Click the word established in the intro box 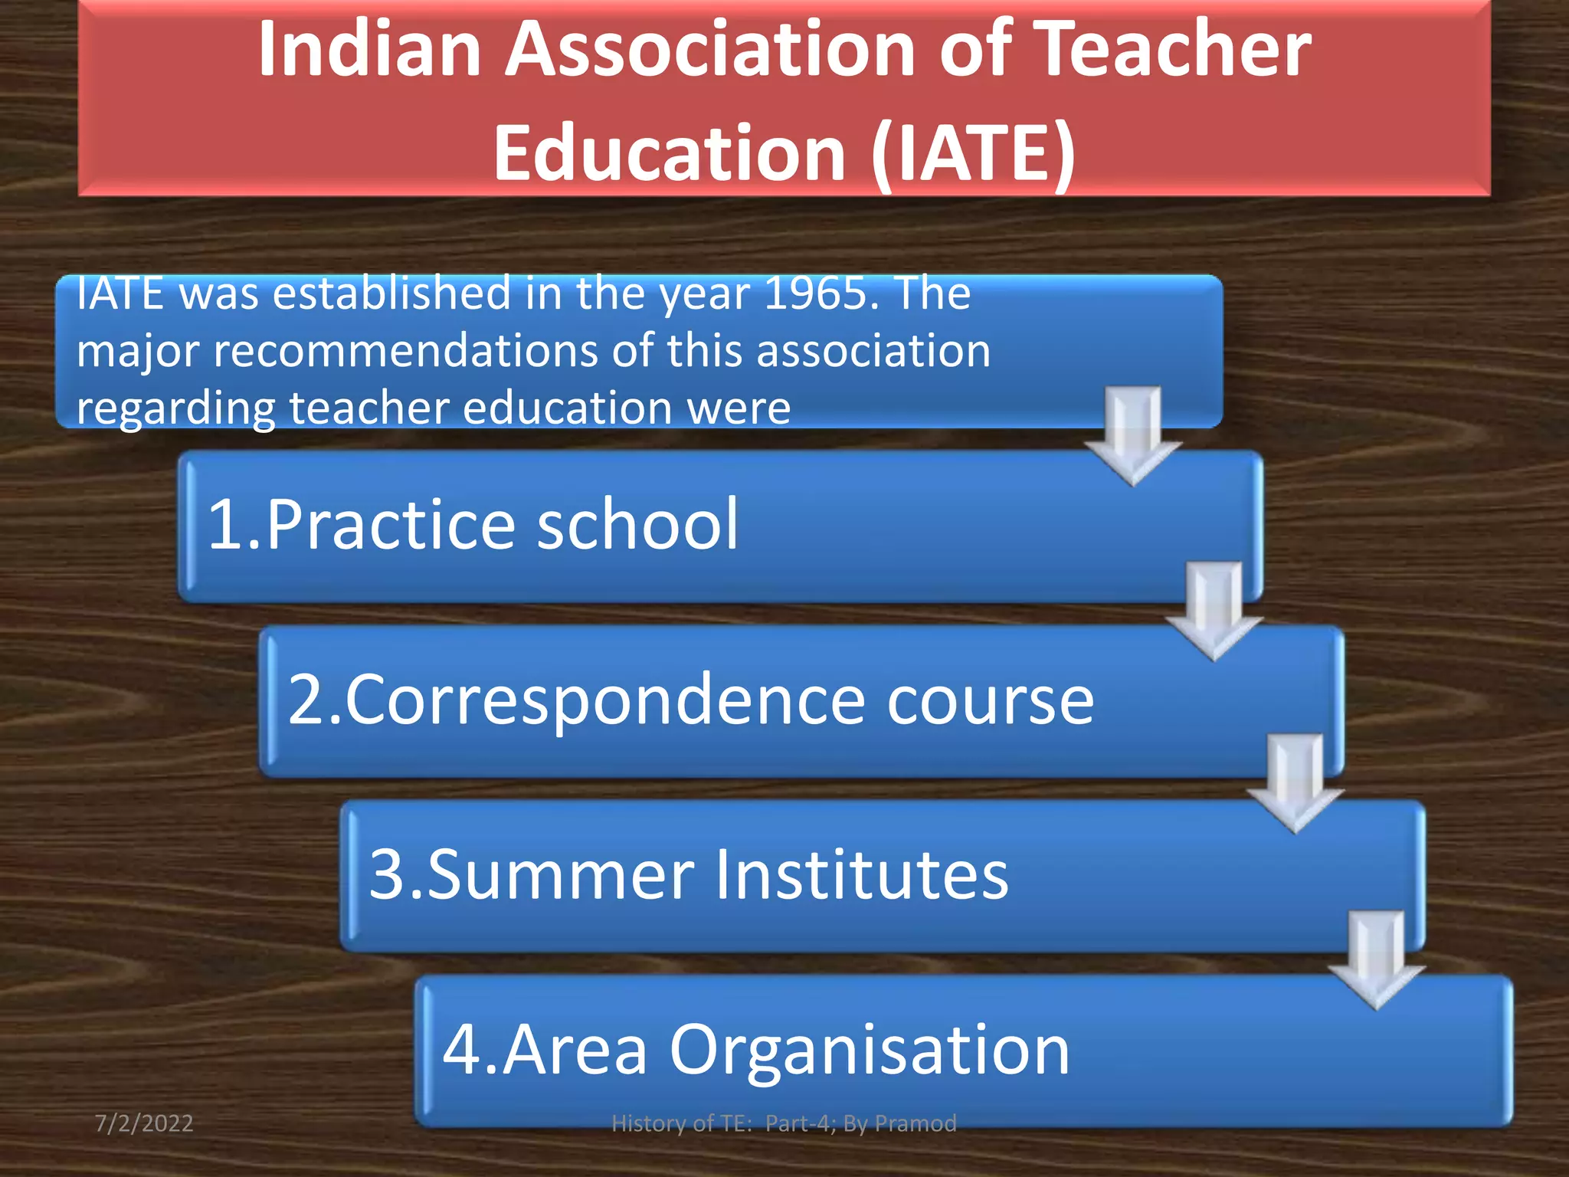pos(392,293)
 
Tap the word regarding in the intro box pos(175,408)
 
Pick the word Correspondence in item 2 pos(606,700)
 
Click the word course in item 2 pos(991,700)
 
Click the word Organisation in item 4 pos(870,1050)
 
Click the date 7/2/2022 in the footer pos(144,1123)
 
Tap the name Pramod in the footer pos(916,1123)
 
